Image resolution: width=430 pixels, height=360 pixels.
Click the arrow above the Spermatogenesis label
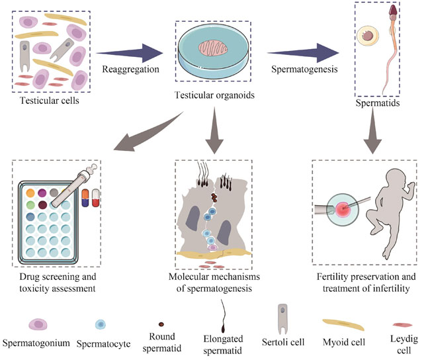coord(305,51)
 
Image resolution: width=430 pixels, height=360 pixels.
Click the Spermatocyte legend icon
coord(101,326)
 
